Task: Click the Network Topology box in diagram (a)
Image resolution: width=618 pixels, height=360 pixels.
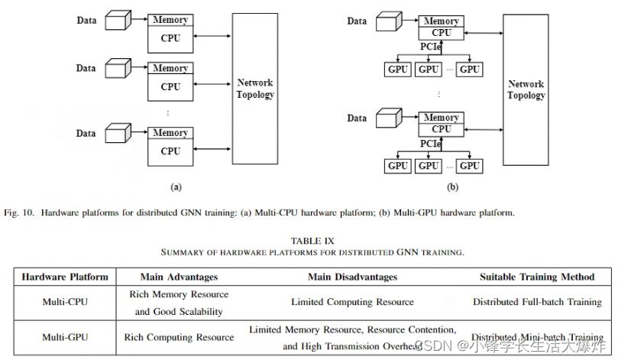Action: (x=255, y=89)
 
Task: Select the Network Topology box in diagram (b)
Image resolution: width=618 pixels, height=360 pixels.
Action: (x=526, y=90)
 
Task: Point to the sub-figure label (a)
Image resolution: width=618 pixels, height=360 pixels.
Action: (x=176, y=186)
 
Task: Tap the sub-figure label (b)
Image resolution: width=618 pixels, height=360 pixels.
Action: (x=452, y=186)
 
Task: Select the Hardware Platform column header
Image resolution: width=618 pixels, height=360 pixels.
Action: (x=65, y=277)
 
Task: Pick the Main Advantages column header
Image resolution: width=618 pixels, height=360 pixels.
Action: (x=179, y=277)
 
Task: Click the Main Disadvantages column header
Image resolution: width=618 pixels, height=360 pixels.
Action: (x=352, y=277)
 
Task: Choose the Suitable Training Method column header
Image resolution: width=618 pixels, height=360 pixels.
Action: (x=536, y=277)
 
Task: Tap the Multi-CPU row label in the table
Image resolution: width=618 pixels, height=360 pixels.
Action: (x=65, y=302)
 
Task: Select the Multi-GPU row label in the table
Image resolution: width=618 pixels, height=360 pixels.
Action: (x=65, y=337)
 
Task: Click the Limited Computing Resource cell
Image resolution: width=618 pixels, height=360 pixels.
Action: (x=352, y=302)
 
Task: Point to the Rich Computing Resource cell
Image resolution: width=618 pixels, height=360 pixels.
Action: (x=179, y=337)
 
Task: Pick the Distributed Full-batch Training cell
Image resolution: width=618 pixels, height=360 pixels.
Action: (x=536, y=302)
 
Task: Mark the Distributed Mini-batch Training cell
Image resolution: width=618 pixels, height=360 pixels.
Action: (x=536, y=337)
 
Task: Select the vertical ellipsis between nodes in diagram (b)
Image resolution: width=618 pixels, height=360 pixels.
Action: (x=438, y=94)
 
